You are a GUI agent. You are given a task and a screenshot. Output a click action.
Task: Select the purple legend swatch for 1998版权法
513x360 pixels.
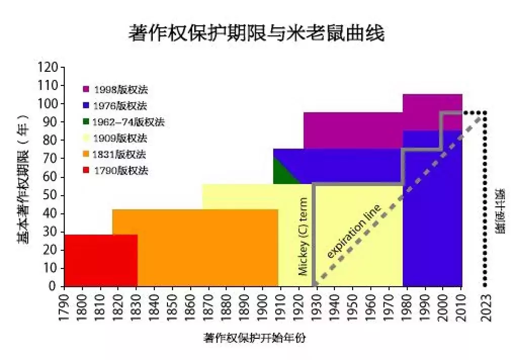pyautogui.click(x=87, y=89)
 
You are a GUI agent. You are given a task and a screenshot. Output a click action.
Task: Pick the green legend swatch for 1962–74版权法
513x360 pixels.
pyautogui.click(x=87, y=122)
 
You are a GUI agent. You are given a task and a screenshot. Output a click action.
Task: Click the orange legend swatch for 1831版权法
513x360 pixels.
pyautogui.click(x=87, y=154)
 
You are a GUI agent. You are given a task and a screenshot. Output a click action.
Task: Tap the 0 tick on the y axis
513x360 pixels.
pyautogui.click(x=53, y=287)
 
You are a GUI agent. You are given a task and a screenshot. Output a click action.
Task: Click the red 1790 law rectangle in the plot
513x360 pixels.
pyautogui.click(x=101, y=260)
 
